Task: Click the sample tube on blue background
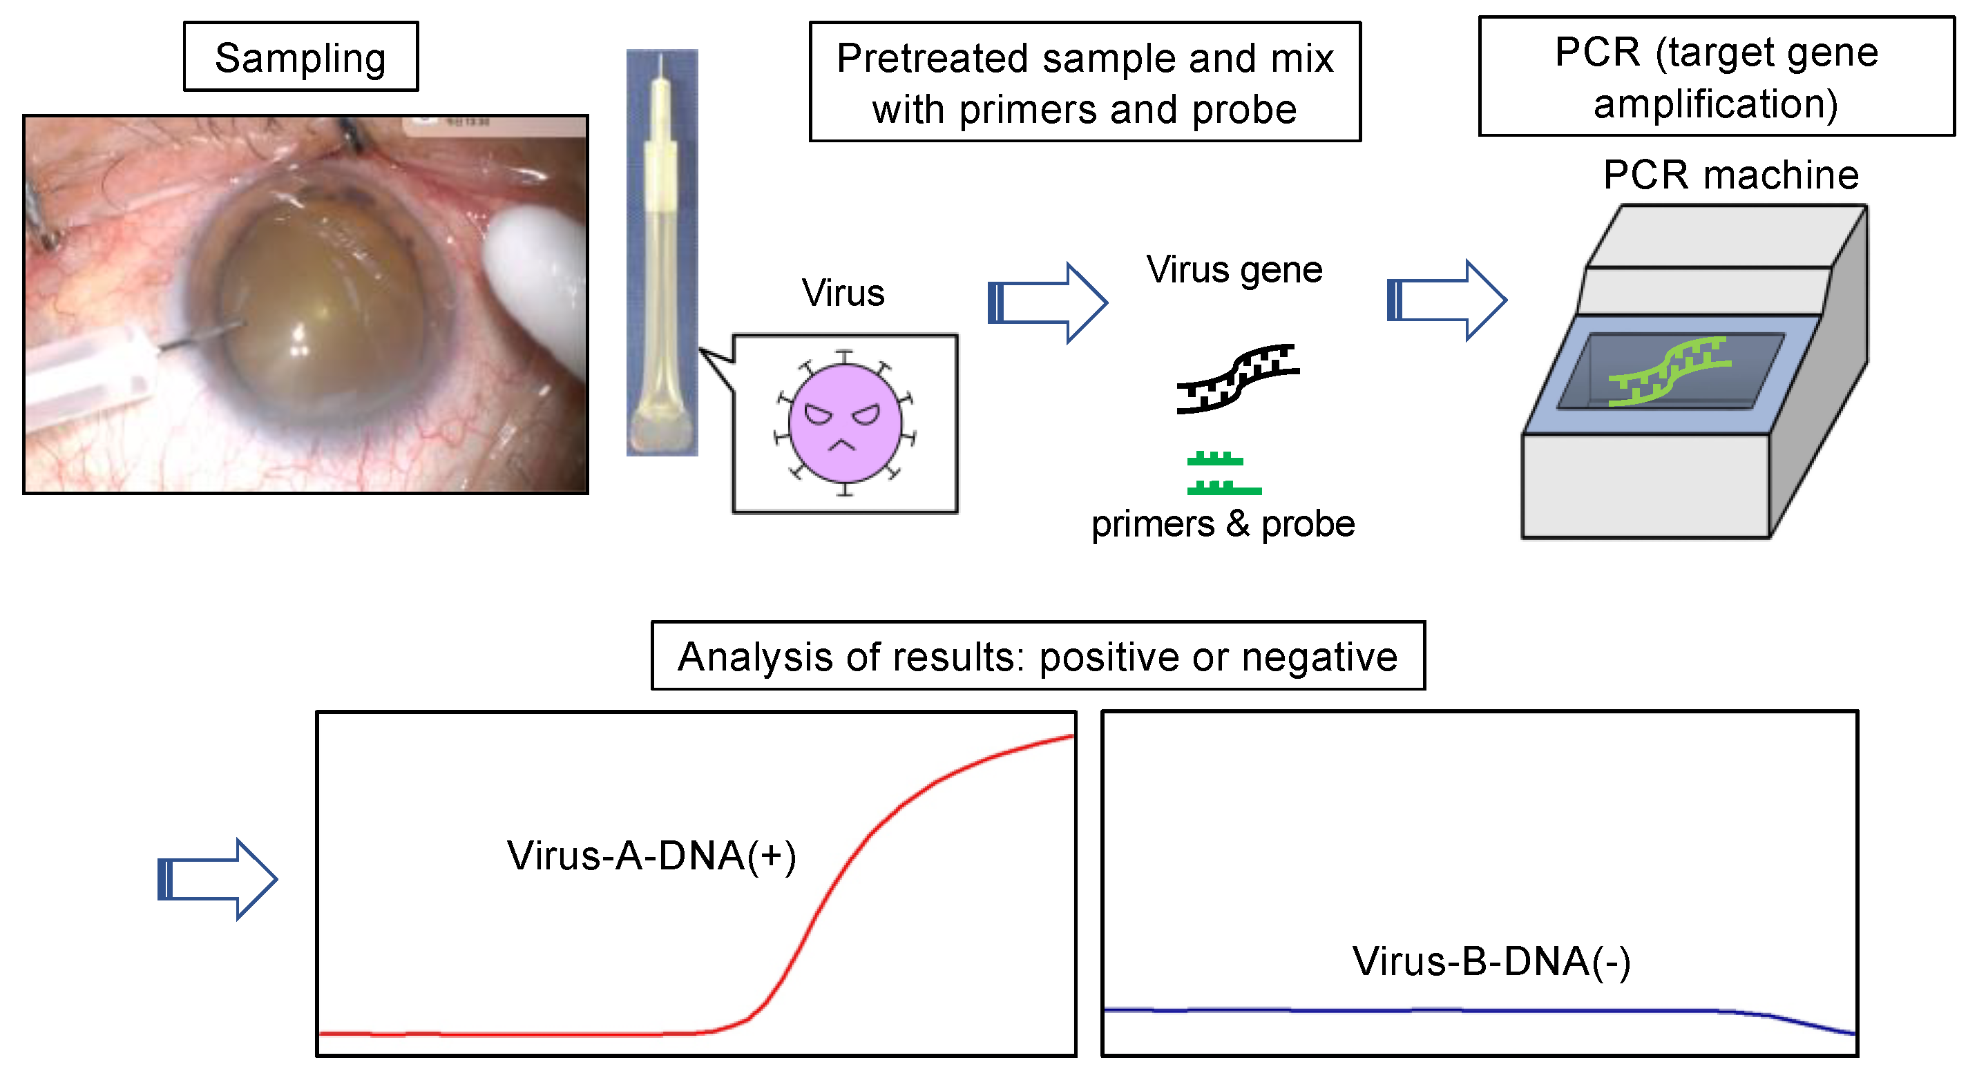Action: click(x=662, y=253)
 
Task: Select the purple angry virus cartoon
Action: click(x=845, y=423)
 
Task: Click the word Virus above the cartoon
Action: click(x=843, y=293)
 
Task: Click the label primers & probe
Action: click(x=1223, y=525)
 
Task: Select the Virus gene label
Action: click(x=1234, y=270)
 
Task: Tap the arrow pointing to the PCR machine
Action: click(x=1446, y=300)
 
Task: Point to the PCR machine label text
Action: click(x=1730, y=175)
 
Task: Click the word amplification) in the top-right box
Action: click(x=1715, y=104)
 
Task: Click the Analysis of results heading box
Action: click(x=1038, y=657)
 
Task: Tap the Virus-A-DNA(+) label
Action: click(x=651, y=856)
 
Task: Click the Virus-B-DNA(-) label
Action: click(x=1491, y=962)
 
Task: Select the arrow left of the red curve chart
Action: click(x=217, y=879)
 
